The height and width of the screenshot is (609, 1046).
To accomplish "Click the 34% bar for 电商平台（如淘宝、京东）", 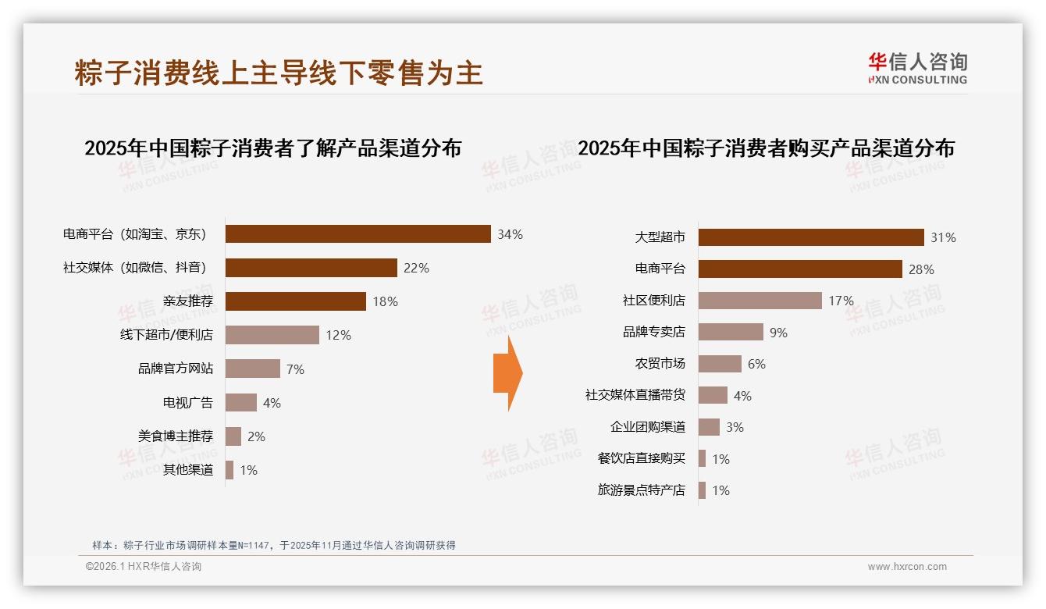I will pos(358,234).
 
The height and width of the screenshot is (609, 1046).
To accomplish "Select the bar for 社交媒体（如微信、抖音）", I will pos(311,268).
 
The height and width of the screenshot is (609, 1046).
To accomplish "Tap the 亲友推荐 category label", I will pos(187,301).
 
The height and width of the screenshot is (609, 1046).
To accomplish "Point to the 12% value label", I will pos(338,335).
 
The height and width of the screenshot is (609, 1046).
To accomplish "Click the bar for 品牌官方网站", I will pos(252,369).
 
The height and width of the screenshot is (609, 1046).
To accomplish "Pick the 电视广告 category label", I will pos(187,403).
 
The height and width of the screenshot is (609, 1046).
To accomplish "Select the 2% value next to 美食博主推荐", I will pos(256,436).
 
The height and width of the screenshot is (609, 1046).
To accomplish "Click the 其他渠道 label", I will pos(187,470).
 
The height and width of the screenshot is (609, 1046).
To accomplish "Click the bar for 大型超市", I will pos(810,237).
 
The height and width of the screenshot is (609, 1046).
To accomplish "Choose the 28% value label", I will pos(921,269).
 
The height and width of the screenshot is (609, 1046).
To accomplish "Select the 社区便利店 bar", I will pos(760,301).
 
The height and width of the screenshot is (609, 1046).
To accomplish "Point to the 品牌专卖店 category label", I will pos(653,332).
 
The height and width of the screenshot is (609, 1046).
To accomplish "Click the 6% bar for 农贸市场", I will pos(719,364).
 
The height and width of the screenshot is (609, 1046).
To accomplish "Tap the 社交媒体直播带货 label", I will pos(635,395).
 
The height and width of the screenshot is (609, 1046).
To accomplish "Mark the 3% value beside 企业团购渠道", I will pos(734,427).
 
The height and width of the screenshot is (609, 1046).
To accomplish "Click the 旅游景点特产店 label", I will pos(641,490).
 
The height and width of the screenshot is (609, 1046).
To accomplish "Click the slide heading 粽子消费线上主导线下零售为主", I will pos(279,73).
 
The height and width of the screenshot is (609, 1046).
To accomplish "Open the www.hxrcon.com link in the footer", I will pos(906,567).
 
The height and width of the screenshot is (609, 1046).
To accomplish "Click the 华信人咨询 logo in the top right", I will pos(917,68).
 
